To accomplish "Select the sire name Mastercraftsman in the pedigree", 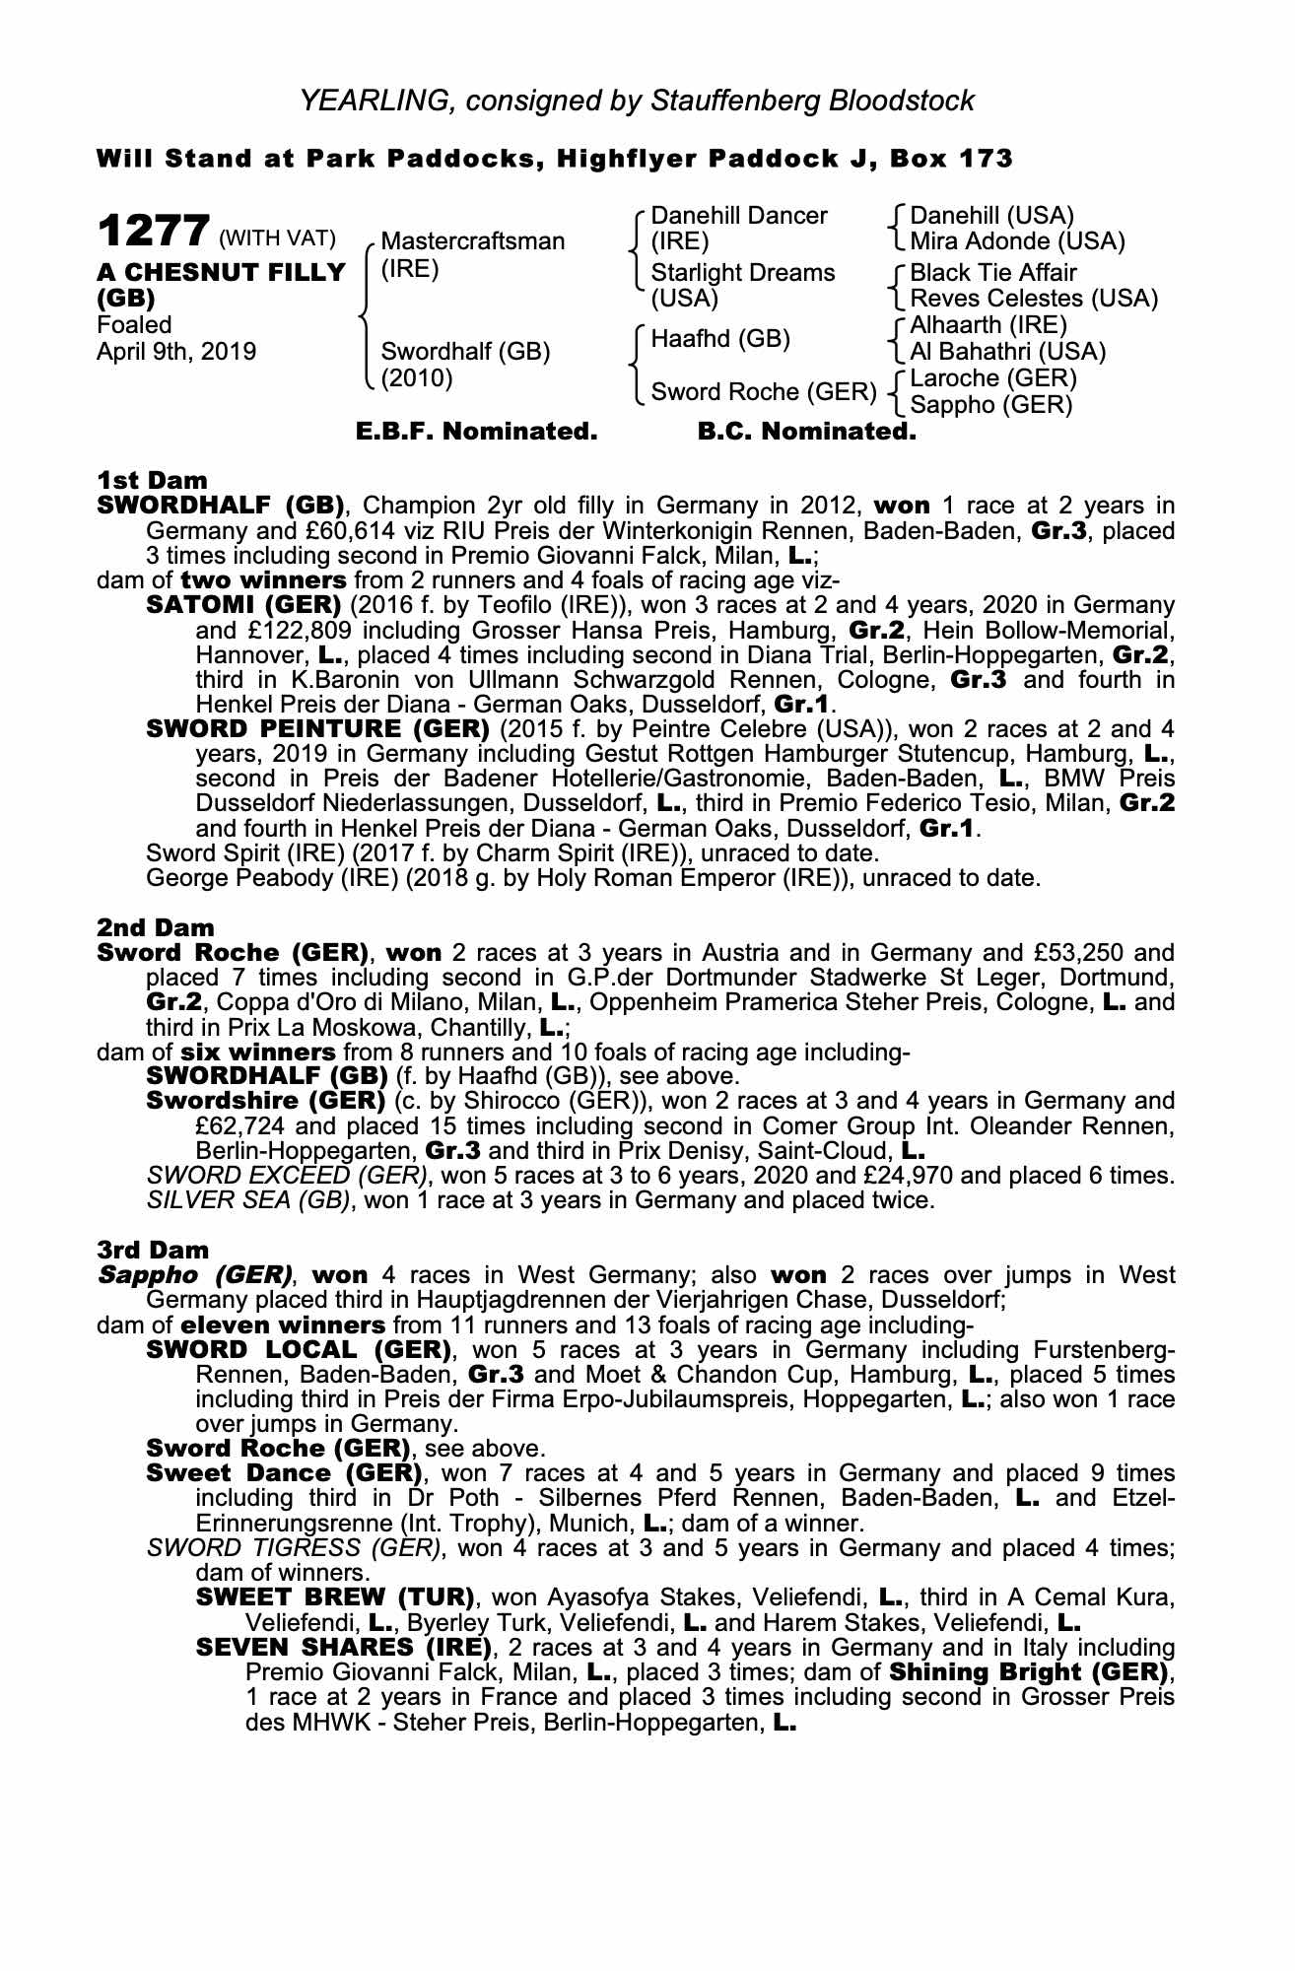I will (x=473, y=241).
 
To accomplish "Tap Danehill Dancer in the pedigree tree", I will (x=739, y=216).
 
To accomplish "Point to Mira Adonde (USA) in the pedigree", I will (x=1017, y=241).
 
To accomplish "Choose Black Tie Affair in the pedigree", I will (x=993, y=273).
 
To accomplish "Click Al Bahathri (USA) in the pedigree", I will (x=1007, y=352).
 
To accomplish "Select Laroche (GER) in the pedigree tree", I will (x=993, y=378).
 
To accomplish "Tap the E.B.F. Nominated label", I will (x=476, y=432).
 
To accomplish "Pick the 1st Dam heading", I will (x=152, y=481).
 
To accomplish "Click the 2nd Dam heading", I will (x=155, y=928).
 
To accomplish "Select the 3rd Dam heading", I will (x=153, y=1251).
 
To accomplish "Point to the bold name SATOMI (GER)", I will (x=243, y=605).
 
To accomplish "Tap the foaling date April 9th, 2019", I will (x=175, y=352).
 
